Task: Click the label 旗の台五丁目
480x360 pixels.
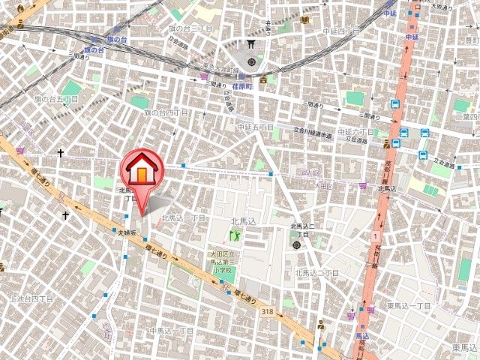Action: click(57, 99)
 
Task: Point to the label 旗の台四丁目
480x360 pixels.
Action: click(166, 112)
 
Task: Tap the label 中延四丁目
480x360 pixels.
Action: click(343, 31)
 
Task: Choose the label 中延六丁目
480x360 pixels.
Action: click(355, 132)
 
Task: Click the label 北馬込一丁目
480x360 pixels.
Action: click(183, 218)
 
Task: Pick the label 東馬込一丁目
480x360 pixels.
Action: click(409, 306)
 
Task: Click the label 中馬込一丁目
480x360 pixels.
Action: click(172, 330)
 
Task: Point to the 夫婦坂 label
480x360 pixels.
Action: click(126, 233)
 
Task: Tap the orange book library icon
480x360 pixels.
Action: click(307, 19)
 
